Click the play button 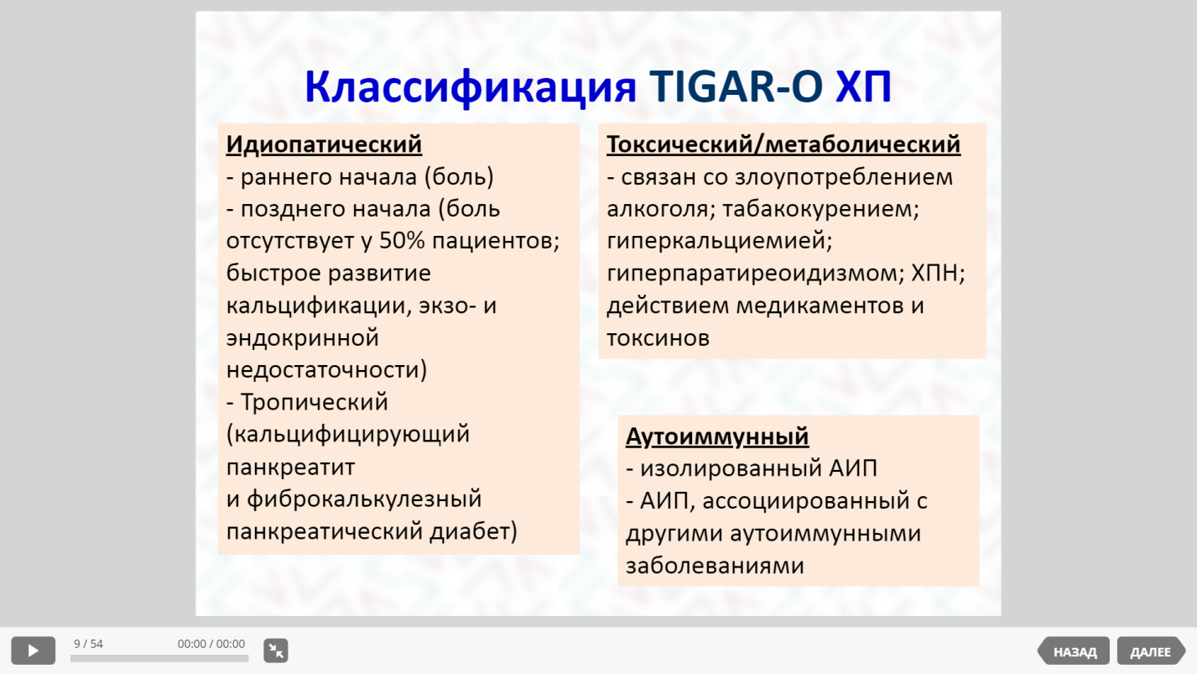[x=33, y=650]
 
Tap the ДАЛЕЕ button [x=1151, y=651]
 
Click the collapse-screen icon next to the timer [x=276, y=650]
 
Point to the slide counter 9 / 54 [x=88, y=644]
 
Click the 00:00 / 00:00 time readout [x=211, y=644]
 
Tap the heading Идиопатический [x=324, y=144]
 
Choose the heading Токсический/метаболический [x=783, y=144]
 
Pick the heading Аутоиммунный [x=717, y=436]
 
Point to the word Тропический [x=315, y=402]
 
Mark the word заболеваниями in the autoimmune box [x=715, y=566]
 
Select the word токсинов [x=658, y=338]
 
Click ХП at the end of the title [x=863, y=86]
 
